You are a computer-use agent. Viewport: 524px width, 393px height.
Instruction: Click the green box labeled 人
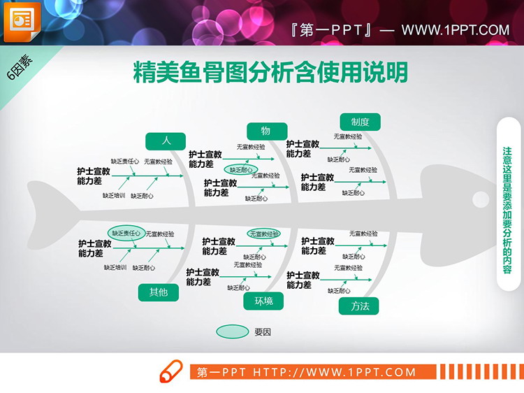click(x=166, y=141)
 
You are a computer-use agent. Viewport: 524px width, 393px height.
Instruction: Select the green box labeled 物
click(x=267, y=131)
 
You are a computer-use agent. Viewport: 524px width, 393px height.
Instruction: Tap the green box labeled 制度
click(x=360, y=122)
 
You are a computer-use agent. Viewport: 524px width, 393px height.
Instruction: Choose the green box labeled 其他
click(x=159, y=292)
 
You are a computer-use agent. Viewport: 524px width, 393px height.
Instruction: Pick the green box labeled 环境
click(x=263, y=301)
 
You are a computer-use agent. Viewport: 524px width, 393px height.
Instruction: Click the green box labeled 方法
click(x=359, y=306)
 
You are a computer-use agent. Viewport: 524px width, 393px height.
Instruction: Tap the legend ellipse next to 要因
click(x=232, y=331)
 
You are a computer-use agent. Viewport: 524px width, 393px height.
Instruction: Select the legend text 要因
click(x=263, y=332)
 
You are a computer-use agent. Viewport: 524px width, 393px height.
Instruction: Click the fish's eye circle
click(x=481, y=198)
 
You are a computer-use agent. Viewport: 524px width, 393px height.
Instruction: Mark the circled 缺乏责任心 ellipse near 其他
click(x=126, y=234)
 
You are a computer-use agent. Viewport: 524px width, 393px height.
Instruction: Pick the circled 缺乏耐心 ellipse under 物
click(x=241, y=169)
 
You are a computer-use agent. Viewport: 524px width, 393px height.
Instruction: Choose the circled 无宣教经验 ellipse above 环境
click(x=265, y=234)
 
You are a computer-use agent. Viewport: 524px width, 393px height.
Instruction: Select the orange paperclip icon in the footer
click(x=171, y=372)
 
